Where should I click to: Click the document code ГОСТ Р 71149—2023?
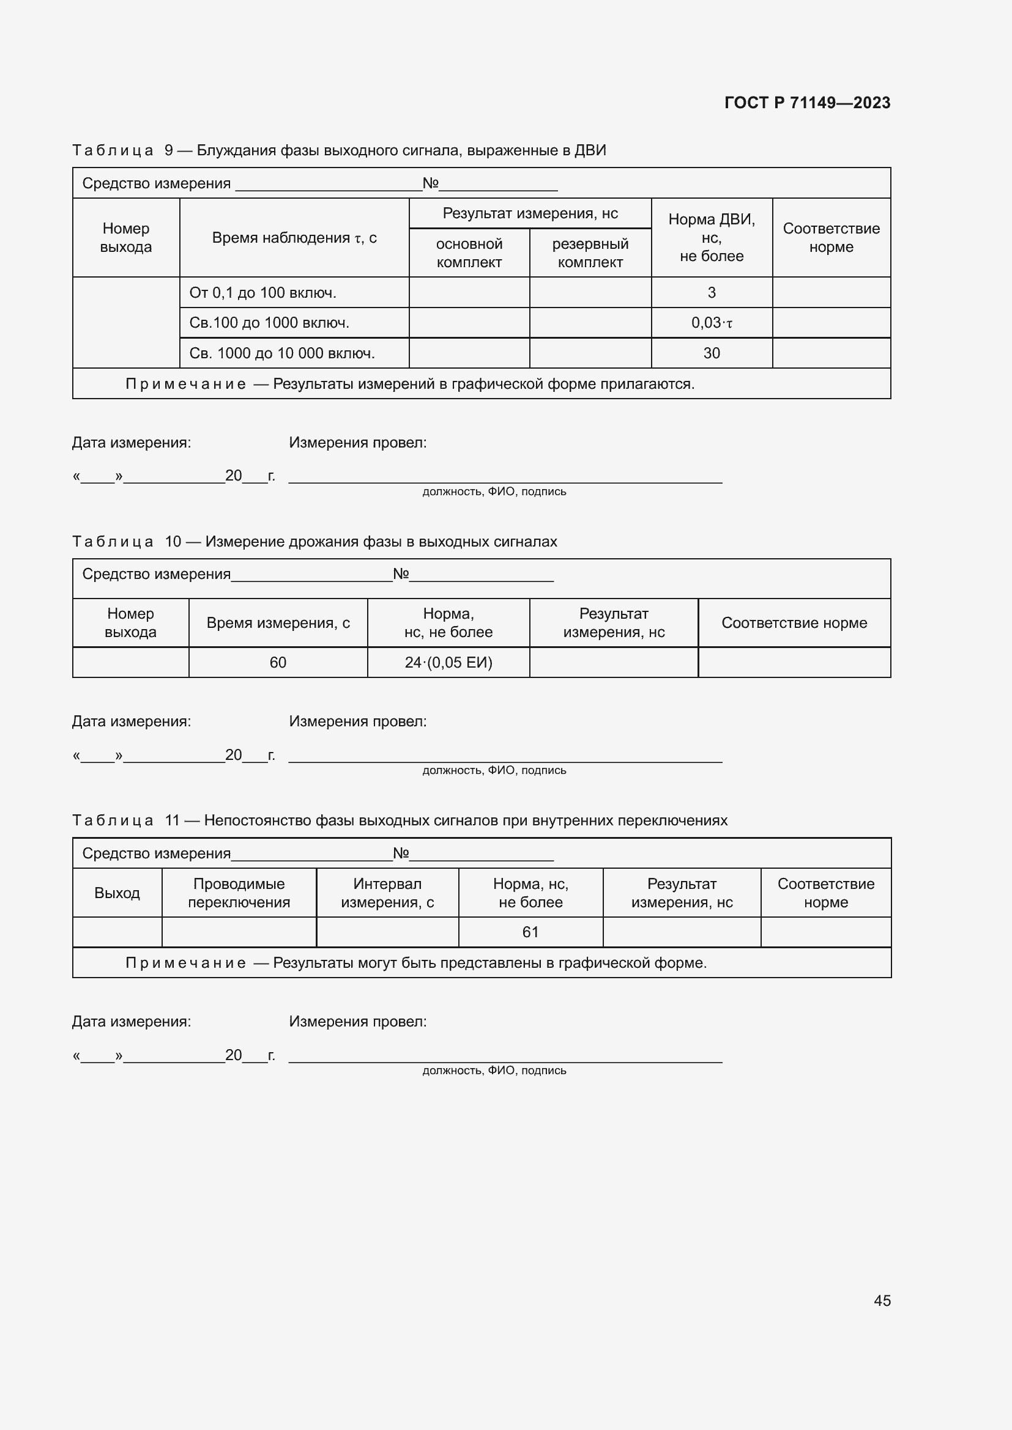click(x=807, y=103)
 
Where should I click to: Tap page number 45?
click(x=882, y=1300)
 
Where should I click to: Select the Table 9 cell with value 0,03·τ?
click(x=711, y=323)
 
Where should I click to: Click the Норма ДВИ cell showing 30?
click(x=711, y=353)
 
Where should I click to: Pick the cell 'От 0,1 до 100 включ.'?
click(x=262, y=293)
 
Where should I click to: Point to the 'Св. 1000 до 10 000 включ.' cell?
click(x=281, y=353)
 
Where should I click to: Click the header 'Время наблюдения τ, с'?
click(x=294, y=238)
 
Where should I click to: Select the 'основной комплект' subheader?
click(x=469, y=253)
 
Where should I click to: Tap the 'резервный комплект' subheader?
click(x=589, y=253)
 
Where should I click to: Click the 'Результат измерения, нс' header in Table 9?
click(x=530, y=213)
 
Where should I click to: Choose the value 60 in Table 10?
click(x=277, y=663)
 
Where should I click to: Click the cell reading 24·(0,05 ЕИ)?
click(x=448, y=663)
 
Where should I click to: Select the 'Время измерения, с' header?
click(x=278, y=623)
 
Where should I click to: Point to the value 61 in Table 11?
click(x=530, y=932)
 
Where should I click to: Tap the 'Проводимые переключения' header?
click(x=239, y=893)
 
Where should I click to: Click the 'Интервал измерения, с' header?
click(x=387, y=893)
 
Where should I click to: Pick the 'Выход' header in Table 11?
click(x=117, y=893)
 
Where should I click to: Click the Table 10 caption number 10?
click(x=173, y=542)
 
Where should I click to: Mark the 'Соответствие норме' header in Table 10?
click(x=794, y=623)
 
